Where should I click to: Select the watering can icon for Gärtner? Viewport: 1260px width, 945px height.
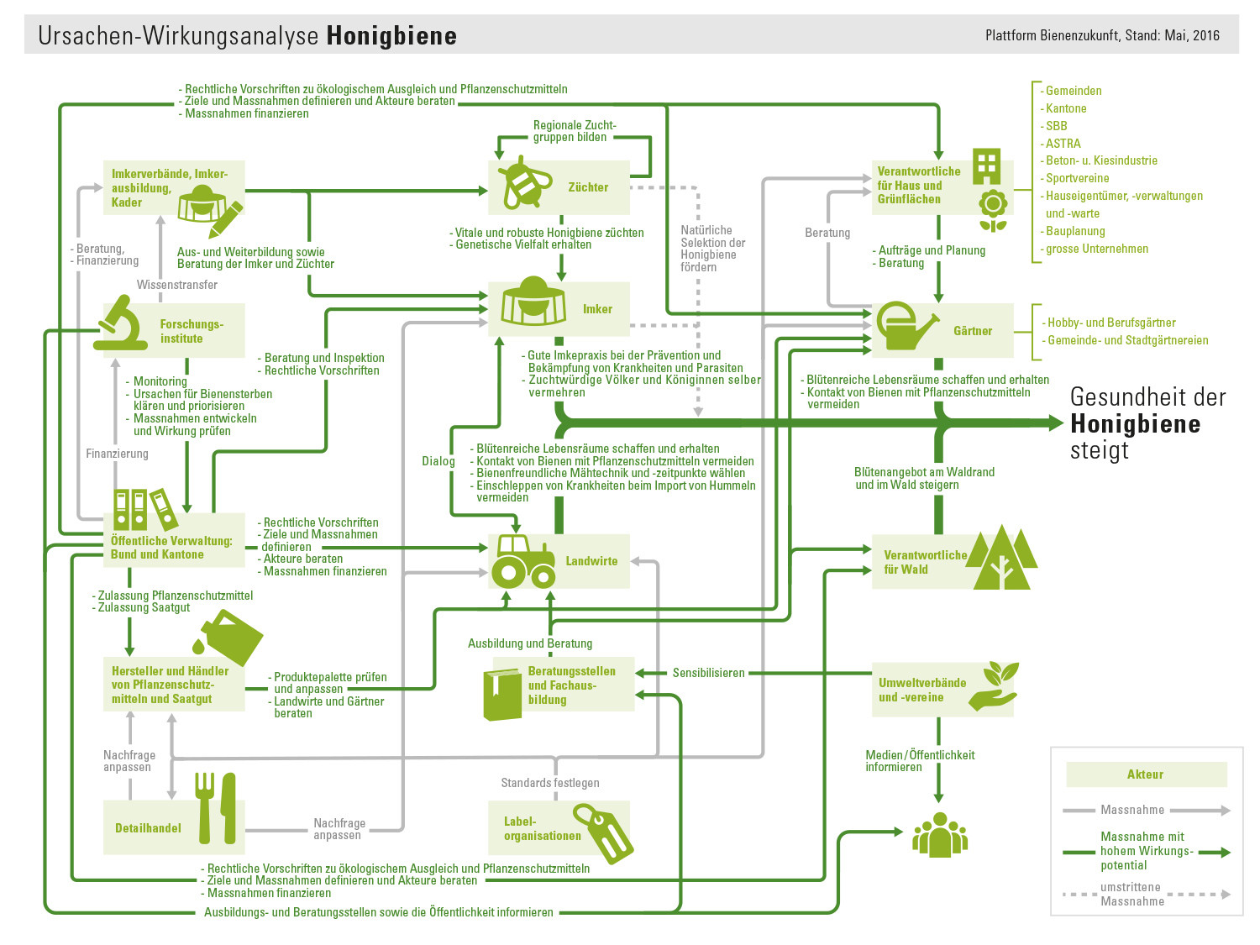906,328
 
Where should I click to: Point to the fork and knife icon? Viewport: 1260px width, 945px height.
216,807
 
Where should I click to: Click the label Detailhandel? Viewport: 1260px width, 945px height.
148,828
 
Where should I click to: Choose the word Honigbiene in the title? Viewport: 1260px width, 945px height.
391,36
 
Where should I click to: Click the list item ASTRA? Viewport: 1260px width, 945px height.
1063,144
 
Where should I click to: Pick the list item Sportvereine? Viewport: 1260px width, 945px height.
1077,178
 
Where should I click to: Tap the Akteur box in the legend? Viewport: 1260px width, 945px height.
1146,774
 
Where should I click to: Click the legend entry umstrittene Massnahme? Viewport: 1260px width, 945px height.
1131,894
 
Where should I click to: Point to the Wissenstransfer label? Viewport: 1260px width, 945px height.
177,285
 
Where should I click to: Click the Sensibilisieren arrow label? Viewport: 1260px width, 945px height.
708,673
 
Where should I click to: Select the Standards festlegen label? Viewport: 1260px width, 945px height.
550,783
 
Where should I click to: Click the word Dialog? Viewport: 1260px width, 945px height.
438,461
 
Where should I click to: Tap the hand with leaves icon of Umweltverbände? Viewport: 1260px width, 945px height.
994,686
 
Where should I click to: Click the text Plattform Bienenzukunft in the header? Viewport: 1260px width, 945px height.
1047,35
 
